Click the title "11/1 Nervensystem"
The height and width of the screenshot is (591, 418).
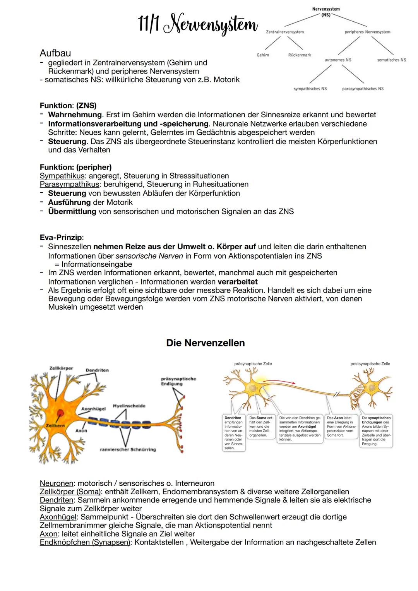click(198, 24)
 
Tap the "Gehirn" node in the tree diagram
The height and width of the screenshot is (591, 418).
click(263, 55)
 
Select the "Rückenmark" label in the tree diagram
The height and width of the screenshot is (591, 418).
click(300, 55)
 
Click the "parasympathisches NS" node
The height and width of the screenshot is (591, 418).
click(363, 89)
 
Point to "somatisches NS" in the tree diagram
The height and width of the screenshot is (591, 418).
click(391, 60)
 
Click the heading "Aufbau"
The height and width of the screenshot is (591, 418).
click(55, 53)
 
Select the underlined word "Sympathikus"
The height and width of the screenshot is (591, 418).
click(62, 176)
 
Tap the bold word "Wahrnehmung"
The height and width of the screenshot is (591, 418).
click(75, 115)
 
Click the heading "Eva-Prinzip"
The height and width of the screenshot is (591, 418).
click(61, 237)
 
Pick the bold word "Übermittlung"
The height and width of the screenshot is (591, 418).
click(72, 211)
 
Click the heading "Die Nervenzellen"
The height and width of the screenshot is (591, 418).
click(205, 343)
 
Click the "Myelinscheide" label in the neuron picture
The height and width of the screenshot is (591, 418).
click(129, 406)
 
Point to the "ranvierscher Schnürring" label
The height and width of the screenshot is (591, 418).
click(128, 449)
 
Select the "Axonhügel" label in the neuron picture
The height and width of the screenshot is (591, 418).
click(93, 409)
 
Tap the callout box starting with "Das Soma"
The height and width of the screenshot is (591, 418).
click(261, 427)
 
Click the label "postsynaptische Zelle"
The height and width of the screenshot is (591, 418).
click(370, 364)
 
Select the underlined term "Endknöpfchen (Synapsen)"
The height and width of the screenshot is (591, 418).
click(85, 542)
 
